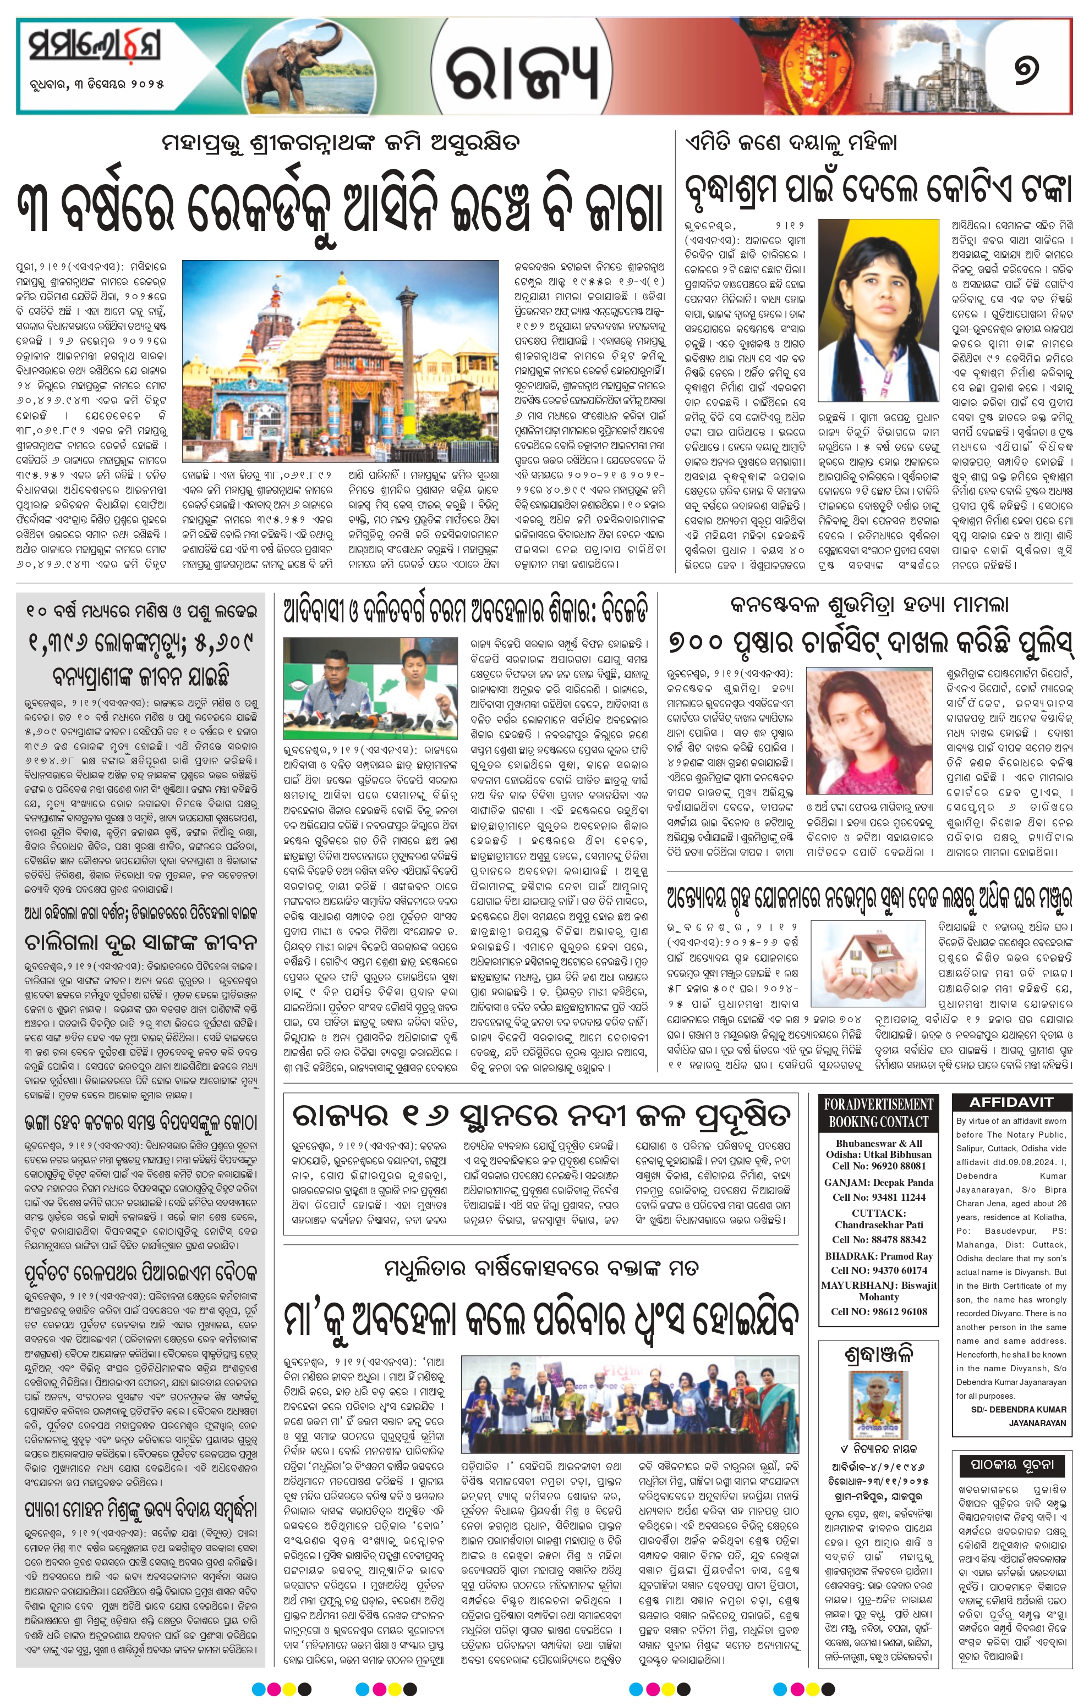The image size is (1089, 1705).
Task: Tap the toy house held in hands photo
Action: point(867,964)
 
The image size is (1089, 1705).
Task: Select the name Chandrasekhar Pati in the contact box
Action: point(879,1224)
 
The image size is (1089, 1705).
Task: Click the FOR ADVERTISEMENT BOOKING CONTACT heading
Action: point(879,1113)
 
